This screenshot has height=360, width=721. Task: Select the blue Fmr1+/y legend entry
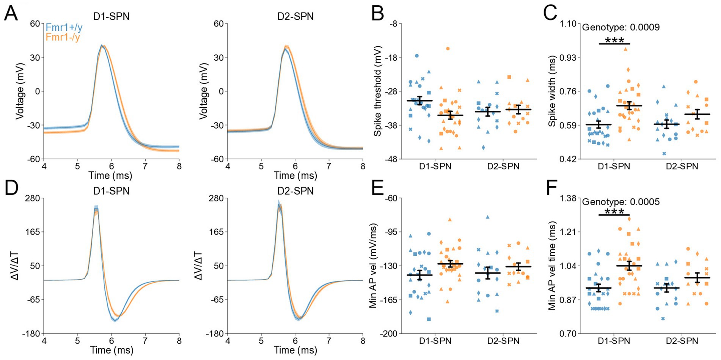[64, 28]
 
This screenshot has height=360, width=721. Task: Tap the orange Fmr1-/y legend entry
[63, 37]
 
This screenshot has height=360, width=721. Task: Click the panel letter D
[11, 188]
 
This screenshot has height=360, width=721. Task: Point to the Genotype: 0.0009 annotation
[621, 27]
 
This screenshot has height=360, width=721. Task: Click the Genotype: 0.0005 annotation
[621, 202]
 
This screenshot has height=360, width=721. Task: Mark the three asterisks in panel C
[614, 40]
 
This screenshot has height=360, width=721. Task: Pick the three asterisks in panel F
[614, 211]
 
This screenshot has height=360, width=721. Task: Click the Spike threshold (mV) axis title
[377, 91]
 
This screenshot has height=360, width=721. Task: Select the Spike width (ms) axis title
[552, 91]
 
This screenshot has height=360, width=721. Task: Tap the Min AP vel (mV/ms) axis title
[373, 266]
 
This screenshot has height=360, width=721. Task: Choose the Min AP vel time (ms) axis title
[552, 266]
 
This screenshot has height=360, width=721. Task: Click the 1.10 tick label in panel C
[568, 24]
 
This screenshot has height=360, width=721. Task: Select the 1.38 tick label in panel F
[568, 198]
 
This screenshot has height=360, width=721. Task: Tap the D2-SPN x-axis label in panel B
[503, 167]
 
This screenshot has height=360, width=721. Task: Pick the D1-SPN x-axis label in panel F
[614, 341]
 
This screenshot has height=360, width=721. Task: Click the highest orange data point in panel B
[448, 49]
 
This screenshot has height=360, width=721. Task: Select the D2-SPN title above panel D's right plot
[295, 191]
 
